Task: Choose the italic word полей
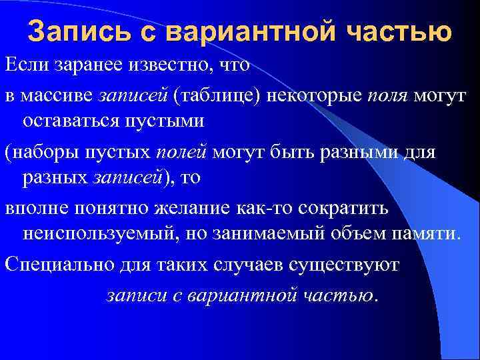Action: [x=181, y=151]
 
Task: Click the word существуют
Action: [x=342, y=264]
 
